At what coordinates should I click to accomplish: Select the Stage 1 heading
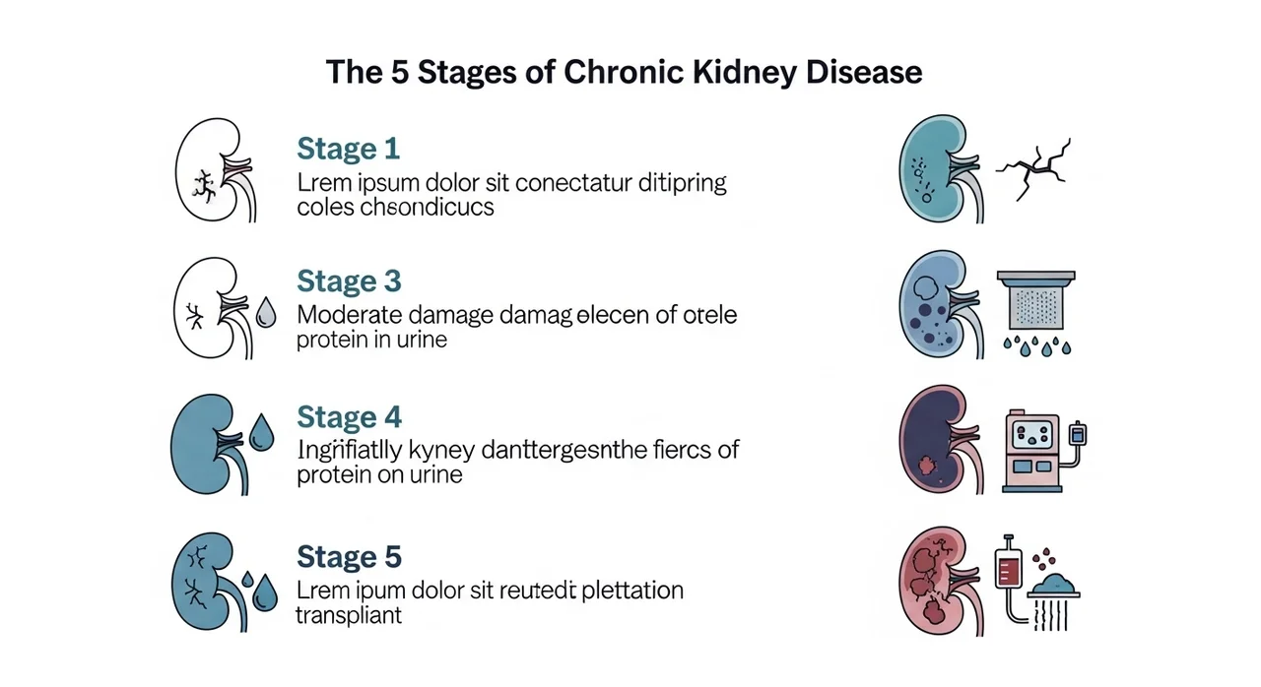point(348,150)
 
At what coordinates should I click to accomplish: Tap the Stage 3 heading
point(349,281)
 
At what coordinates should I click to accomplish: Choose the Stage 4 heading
point(349,416)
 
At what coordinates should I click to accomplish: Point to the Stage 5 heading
point(349,557)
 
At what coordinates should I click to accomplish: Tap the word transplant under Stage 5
point(349,616)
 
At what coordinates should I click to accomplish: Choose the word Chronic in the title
point(613,72)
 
